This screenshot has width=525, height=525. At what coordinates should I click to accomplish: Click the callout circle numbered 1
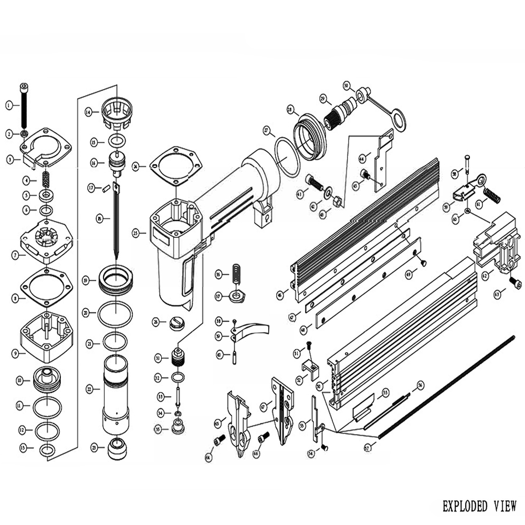9,106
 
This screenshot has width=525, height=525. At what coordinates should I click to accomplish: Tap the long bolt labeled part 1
24,103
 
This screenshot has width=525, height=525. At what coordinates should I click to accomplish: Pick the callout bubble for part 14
88,112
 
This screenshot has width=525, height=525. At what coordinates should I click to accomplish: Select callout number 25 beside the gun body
136,233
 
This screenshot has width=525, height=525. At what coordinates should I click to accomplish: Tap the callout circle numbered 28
289,110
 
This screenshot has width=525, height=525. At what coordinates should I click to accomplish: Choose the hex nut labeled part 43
339,201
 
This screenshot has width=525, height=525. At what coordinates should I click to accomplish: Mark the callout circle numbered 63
497,295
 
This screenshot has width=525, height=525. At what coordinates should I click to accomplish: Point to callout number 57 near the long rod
367,448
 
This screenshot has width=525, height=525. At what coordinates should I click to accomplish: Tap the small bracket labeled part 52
311,368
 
